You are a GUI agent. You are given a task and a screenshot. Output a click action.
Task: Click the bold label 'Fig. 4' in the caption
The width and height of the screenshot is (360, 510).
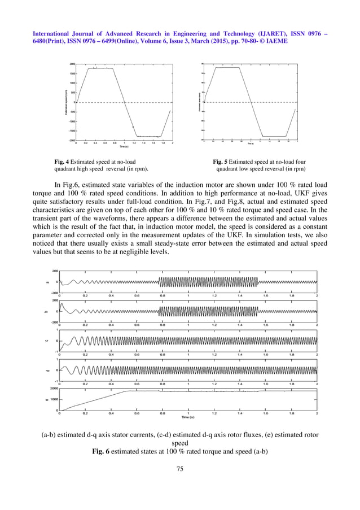[x=60, y=161]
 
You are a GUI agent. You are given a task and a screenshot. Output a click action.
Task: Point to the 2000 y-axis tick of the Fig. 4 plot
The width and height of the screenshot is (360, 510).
[x=72, y=64]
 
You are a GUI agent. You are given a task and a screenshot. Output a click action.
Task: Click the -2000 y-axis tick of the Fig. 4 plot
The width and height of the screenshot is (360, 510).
[x=72, y=140]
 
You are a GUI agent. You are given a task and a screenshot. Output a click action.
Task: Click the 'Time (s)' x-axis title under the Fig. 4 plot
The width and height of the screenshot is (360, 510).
[x=124, y=147]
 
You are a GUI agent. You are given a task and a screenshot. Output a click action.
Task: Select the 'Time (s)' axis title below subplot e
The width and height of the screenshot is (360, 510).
[x=188, y=417]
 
